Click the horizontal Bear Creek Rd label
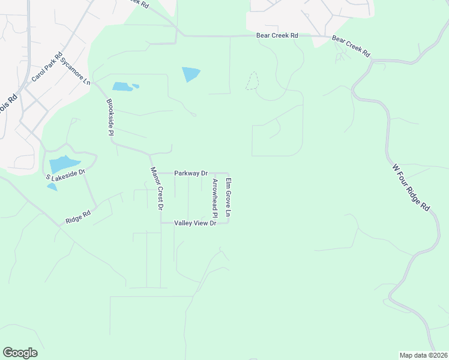(277, 36)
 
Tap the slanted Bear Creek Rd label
(351, 47)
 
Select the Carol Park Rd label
(47, 67)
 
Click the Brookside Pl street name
(110, 118)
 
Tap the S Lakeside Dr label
(66, 175)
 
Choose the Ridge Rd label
(78, 217)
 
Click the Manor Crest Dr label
(156, 188)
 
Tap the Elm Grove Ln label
(228, 197)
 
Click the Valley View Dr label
(194, 223)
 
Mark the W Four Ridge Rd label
(411, 187)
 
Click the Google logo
(20, 353)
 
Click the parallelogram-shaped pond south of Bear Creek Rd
(191, 74)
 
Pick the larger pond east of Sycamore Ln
(122, 86)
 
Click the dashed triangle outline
(252, 82)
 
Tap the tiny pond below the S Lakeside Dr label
(52, 187)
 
